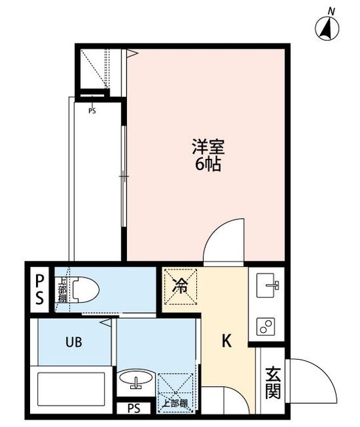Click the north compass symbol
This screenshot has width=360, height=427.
pyautogui.click(x=327, y=28)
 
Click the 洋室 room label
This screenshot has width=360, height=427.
pyautogui.click(x=208, y=147)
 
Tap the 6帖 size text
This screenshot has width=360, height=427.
pyautogui.click(x=208, y=164)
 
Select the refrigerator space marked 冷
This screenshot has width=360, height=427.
pyautogui.click(x=180, y=286)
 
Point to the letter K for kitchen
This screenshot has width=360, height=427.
pyautogui.click(x=226, y=341)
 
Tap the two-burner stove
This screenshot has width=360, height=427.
pyautogui.click(x=266, y=326)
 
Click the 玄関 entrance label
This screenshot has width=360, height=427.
pyautogui.click(x=273, y=382)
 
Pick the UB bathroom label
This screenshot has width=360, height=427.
pyautogui.click(x=73, y=342)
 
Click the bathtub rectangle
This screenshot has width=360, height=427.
pyautogui.click(x=71, y=389)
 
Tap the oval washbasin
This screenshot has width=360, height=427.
pyautogui.click(x=136, y=378)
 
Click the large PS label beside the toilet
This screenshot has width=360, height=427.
pyautogui.click(x=39, y=289)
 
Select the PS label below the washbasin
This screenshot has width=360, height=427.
pyautogui.click(x=134, y=408)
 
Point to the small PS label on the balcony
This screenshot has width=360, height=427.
pyautogui.click(x=92, y=111)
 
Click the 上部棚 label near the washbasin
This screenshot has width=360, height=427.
pyautogui.click(x=175, y=403)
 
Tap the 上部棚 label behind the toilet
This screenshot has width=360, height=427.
pyautogui.click(x=62, y=290)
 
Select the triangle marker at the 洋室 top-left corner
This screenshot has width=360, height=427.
pyautogui.click(x=132, y=53)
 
